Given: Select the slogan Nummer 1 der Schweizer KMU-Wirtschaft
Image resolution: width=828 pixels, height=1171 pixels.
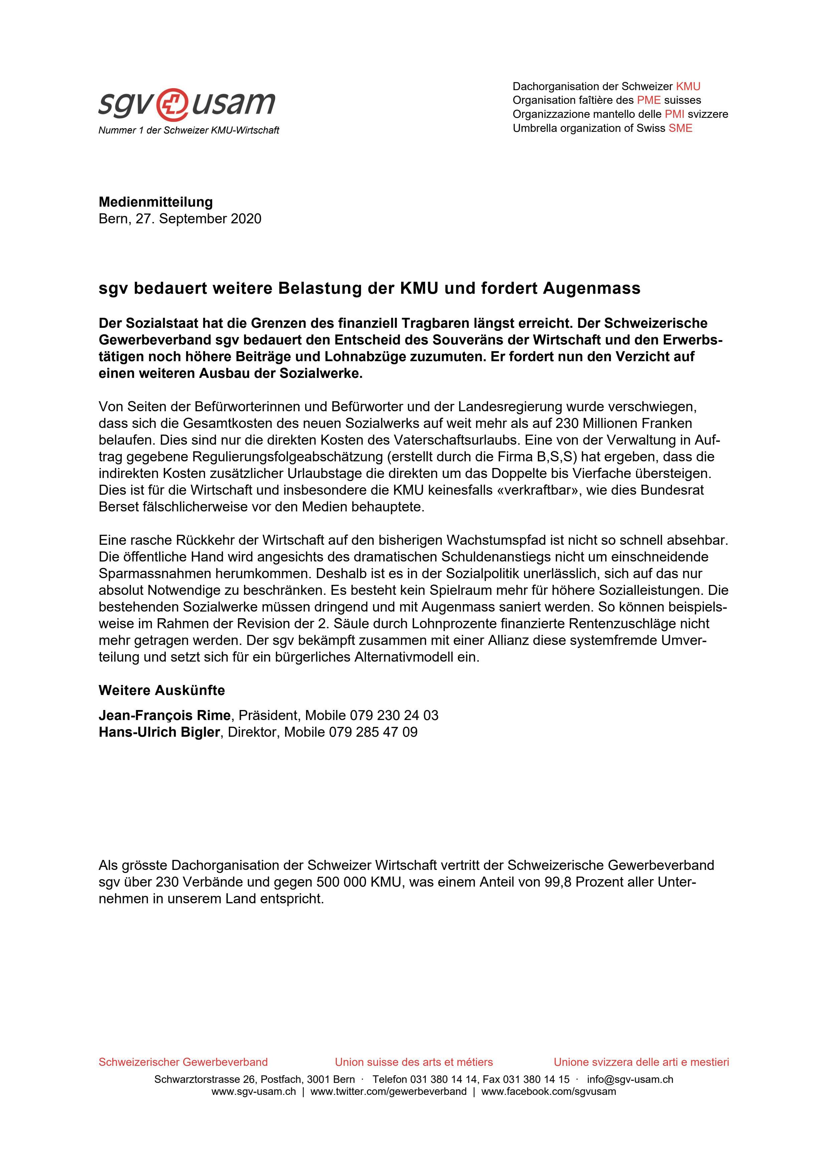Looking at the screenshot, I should (188, 131).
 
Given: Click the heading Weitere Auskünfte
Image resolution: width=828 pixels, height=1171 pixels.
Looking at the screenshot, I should (161, 691).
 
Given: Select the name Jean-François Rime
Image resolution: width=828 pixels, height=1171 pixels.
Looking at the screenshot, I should (164, 716).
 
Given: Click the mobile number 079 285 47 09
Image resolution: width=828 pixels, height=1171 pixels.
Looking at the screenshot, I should (373, 732).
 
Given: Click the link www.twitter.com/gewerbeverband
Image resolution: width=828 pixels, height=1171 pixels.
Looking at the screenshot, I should (388, 1092).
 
